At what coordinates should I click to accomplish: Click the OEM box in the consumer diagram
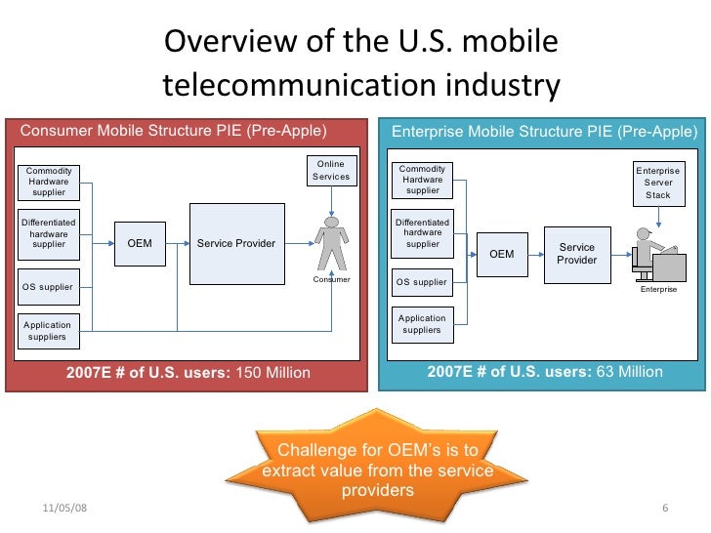140,243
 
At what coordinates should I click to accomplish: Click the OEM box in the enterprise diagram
501,254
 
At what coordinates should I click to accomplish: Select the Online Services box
330,170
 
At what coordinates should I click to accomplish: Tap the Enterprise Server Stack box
658,184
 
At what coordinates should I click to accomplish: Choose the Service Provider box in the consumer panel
236,243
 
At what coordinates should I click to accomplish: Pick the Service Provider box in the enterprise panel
576,254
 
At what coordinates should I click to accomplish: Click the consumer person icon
331,244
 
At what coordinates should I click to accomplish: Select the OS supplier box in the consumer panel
48,287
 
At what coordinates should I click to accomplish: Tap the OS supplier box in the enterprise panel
422,282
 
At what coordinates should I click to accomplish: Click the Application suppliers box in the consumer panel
47,331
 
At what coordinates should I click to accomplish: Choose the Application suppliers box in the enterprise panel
422,324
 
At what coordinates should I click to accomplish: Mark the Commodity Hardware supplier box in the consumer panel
49,182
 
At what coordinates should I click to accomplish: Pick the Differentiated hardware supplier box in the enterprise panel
423,233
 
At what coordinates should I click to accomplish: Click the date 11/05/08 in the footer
63,510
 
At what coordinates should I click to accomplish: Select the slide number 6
664,510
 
